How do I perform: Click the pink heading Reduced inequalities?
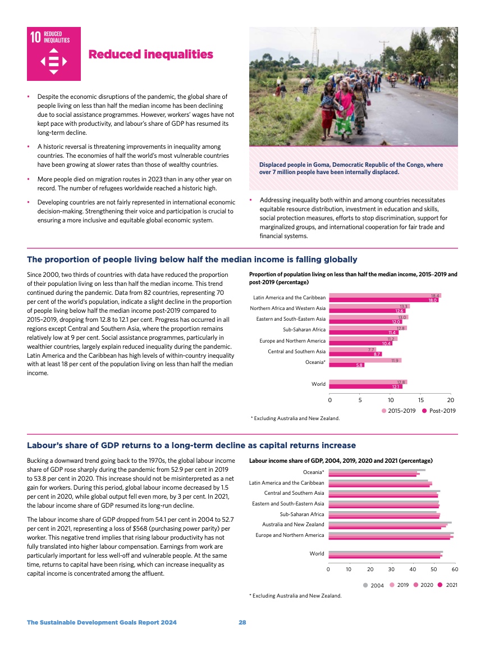(x=150, y=54)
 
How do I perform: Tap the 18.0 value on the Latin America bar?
(x=432, y=300)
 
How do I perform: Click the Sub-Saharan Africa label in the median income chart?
(x=305, y=330)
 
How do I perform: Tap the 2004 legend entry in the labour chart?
(x=373, y=585)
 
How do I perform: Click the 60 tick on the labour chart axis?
(x=455, y=568)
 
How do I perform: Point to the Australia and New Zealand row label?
(x=293, y=525)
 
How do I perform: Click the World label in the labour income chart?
(x=317, y=554)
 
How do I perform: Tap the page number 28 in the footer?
(x=242, y=622)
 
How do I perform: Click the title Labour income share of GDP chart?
(x=340, y=460)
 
